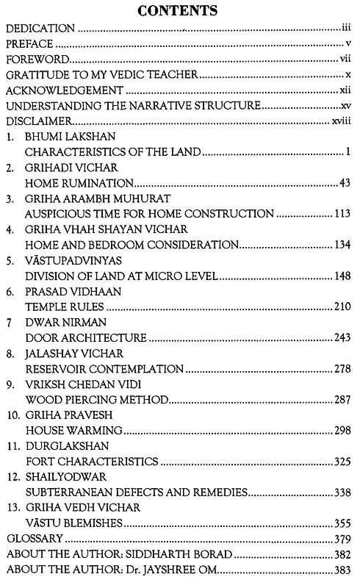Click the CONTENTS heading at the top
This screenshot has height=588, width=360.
pos(179,10)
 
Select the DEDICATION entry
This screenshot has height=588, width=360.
pos(40,29)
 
